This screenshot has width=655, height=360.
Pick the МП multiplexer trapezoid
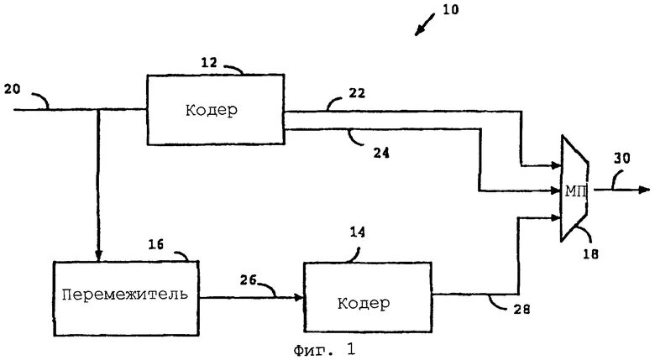[x=574, y=190]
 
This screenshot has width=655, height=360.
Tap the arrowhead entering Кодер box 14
[x=299, y=296]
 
